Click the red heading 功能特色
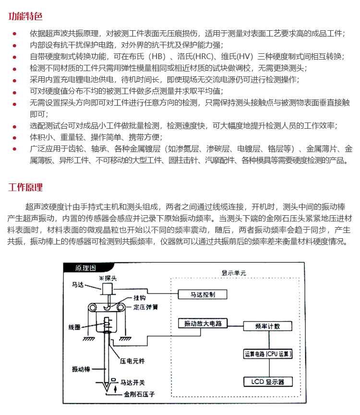point(25,16)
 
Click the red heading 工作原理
point(25,187)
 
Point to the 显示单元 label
point(234,272)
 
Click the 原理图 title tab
point(78,268)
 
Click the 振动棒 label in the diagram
point(80,369)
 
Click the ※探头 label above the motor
point(106,278)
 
